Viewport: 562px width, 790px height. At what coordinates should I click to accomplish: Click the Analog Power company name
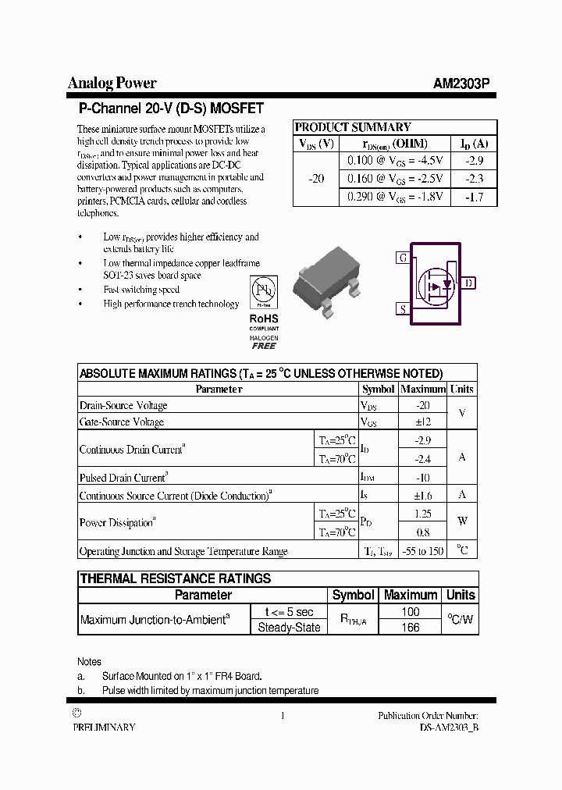(112, 83)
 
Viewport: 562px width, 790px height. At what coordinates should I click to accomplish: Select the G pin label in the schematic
(403, 258)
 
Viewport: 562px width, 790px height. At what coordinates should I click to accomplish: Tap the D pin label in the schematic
(468, 283)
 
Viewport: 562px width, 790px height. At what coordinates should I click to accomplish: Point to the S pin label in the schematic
(403, 309)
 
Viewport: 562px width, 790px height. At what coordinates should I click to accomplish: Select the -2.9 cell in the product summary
(474, 160)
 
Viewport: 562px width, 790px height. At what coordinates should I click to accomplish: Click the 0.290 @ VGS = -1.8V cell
(395, 197)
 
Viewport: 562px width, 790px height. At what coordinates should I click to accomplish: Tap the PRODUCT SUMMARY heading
(353, 127)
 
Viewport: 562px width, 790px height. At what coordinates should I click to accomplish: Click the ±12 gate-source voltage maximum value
(422, 422)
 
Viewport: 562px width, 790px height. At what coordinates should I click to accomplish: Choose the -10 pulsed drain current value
(422, 478)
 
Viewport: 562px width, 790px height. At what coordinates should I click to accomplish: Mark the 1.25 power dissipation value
(422, 514)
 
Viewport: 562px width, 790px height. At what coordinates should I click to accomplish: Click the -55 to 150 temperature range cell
(422, 551)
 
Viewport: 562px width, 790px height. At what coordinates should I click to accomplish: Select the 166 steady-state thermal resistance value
(410, 627)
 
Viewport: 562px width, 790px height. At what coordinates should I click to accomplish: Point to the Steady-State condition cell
(289, 627)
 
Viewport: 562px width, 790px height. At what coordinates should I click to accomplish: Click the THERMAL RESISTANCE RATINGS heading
(176, 578)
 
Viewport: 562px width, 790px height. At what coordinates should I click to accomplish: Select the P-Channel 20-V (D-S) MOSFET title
(171, 109)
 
